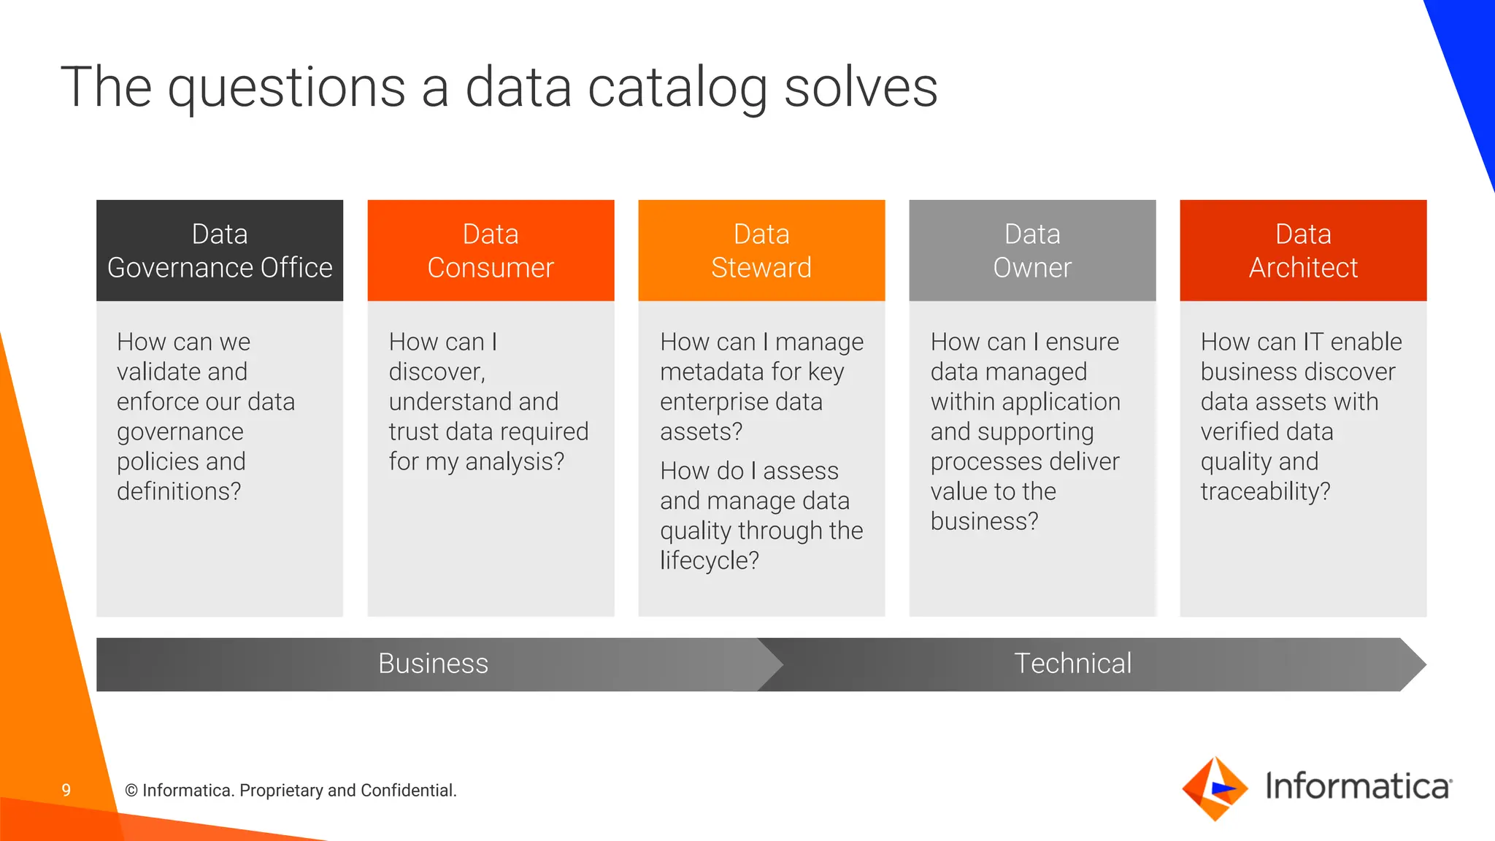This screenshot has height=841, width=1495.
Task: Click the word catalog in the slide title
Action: coord(677,88)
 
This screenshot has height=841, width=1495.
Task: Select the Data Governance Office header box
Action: coord(220,250)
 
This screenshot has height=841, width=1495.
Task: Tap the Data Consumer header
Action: coord(491,250)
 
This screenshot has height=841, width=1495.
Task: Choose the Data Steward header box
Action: coord(761,250)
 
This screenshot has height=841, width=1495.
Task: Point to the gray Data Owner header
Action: coord(1032,250)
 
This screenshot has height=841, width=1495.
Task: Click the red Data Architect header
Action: coord(1303,250)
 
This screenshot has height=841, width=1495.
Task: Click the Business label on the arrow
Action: coord(433,664)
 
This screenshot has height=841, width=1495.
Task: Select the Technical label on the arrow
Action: coord(1072,664)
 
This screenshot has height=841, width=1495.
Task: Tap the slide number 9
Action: coord(66,790)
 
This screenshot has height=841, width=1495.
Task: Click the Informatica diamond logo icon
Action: coord(1214,789)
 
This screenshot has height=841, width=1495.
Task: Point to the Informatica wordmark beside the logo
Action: coord(1358,786)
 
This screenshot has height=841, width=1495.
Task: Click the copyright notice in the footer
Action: coord(291,791)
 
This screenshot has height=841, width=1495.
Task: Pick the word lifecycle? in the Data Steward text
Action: coord(709,561)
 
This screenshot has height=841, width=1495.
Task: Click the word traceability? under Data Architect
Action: coord(1265,492)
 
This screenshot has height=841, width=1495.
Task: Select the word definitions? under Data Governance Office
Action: coord(179,492)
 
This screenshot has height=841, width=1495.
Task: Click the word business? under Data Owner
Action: coord(984,522)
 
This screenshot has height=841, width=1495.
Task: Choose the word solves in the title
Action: coord(861,88)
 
